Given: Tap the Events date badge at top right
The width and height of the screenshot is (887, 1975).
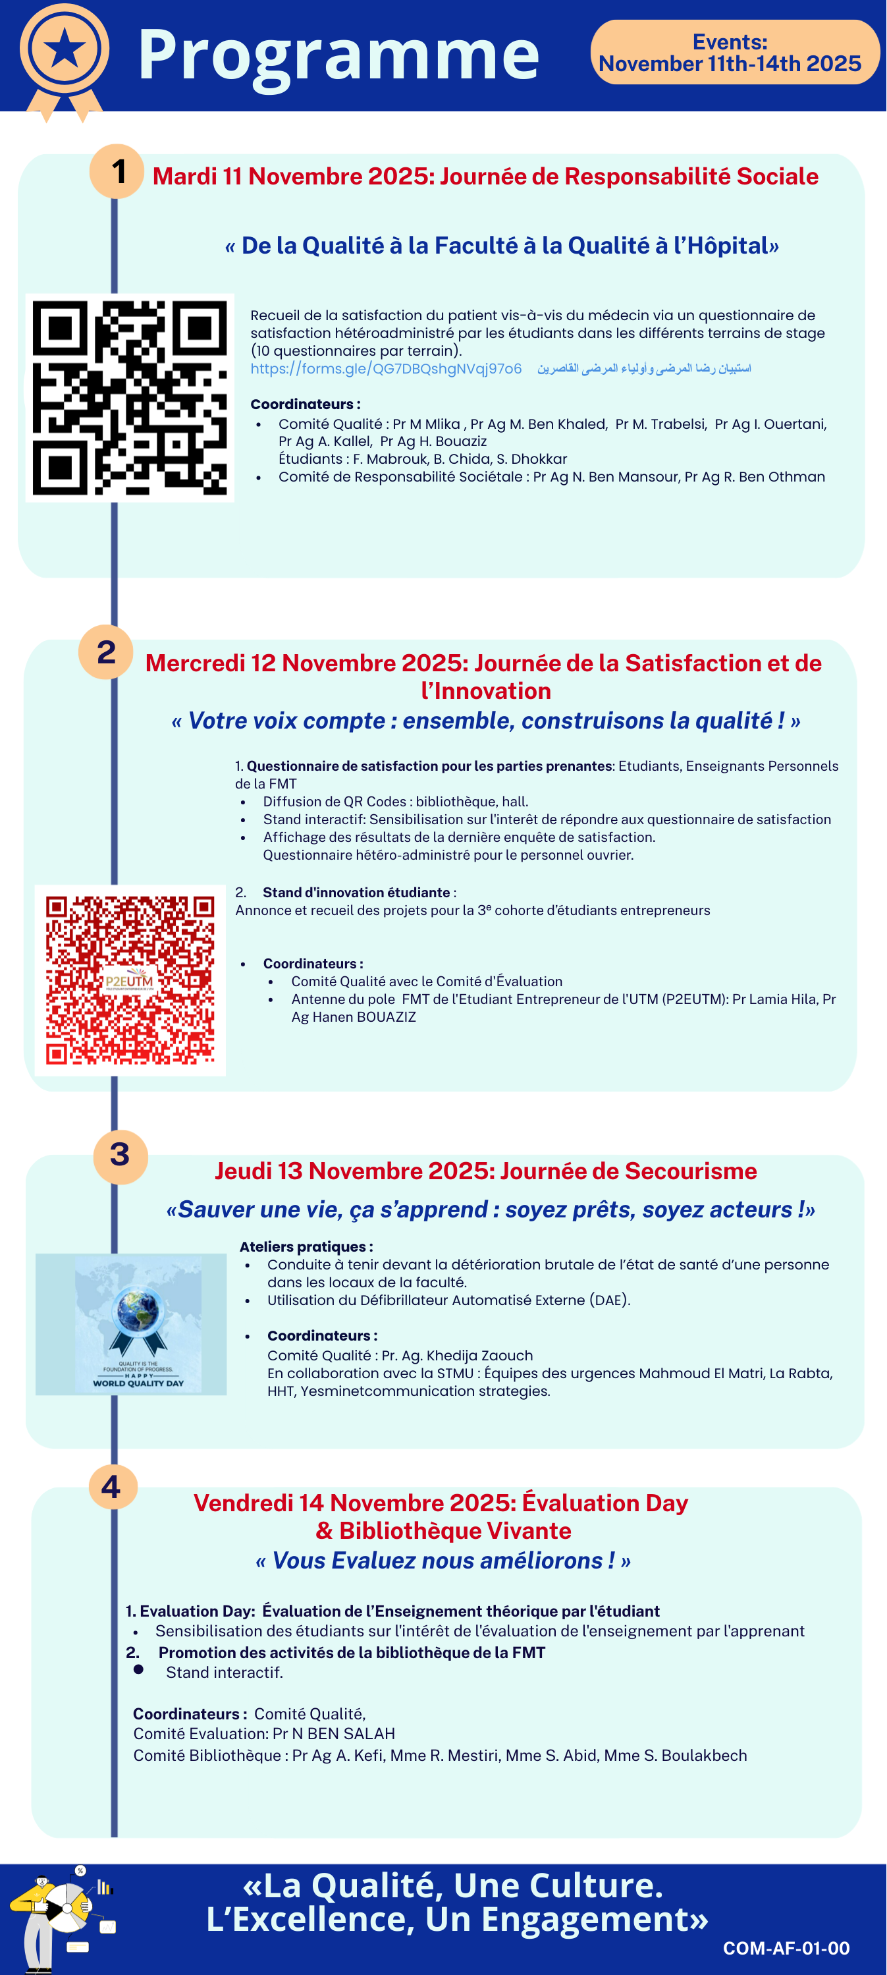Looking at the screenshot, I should point(734,53).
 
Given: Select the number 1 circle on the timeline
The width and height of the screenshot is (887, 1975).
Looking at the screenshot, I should point(117,171).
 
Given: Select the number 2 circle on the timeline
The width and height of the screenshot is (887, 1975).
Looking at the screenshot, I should point(106,652).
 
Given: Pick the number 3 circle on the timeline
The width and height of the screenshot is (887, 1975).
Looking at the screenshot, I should point(120,1155).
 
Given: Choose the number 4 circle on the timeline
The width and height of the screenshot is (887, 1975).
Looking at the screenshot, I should point(112,1487).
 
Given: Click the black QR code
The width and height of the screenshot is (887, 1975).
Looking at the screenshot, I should point(130,398).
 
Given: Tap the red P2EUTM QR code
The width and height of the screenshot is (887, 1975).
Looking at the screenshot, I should point(130,980).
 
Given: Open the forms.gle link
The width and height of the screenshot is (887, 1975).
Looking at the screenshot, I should point(386,369).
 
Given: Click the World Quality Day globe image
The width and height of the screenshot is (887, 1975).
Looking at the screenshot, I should point(131,1324).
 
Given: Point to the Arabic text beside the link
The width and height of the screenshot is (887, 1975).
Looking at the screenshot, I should point(644,369).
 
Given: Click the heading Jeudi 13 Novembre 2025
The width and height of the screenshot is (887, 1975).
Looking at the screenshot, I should point(485,1171).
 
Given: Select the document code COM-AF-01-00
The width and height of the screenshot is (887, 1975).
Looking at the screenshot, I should point(786,1947).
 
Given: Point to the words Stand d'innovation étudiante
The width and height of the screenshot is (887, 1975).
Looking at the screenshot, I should point(356,893).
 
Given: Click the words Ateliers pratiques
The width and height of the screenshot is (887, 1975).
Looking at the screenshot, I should point(306,1246).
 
